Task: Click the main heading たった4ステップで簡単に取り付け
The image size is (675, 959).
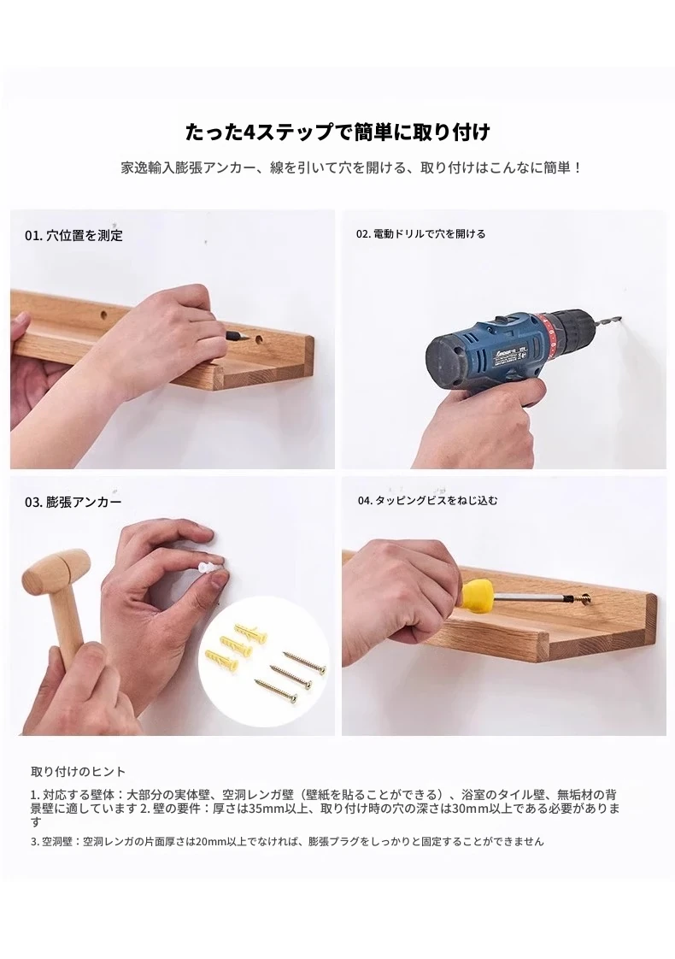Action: pyautogui.click(x=337, y=132)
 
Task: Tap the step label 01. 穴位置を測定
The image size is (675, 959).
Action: pyautogui.click(x=73, y=235)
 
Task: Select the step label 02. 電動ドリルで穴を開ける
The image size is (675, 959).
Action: pyautogui.click(x=420, y=234)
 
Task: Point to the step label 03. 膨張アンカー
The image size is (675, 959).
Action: pyautogui.click(x=73, y=502)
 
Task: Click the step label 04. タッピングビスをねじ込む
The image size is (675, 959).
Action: pyautogui.click(x=428, y=500)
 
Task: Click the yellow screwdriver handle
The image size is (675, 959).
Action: pyautogui.click(x=478, y=597)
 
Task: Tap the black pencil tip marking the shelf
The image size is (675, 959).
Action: pyautogui.click(x=235, y=334)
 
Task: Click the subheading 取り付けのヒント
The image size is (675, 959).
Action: pyautogui.click(x=79, y=771)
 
